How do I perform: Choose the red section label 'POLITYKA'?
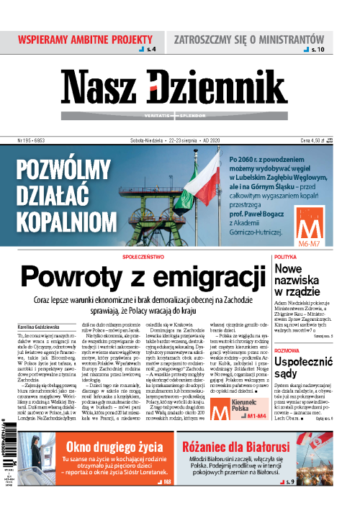pos(286,257)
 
